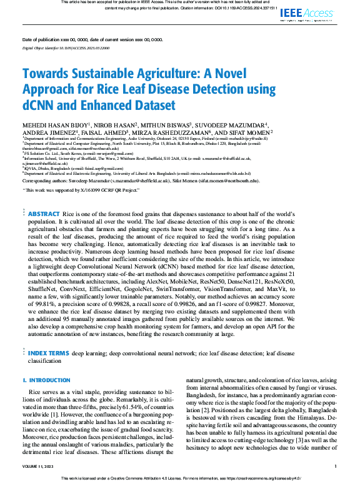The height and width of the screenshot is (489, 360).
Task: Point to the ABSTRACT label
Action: click(44, 214)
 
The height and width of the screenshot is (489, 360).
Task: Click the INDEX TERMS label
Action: click(48, 353)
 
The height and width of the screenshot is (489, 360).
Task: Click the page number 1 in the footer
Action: click(336, 467)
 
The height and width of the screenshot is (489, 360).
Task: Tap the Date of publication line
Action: click(92, 39)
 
